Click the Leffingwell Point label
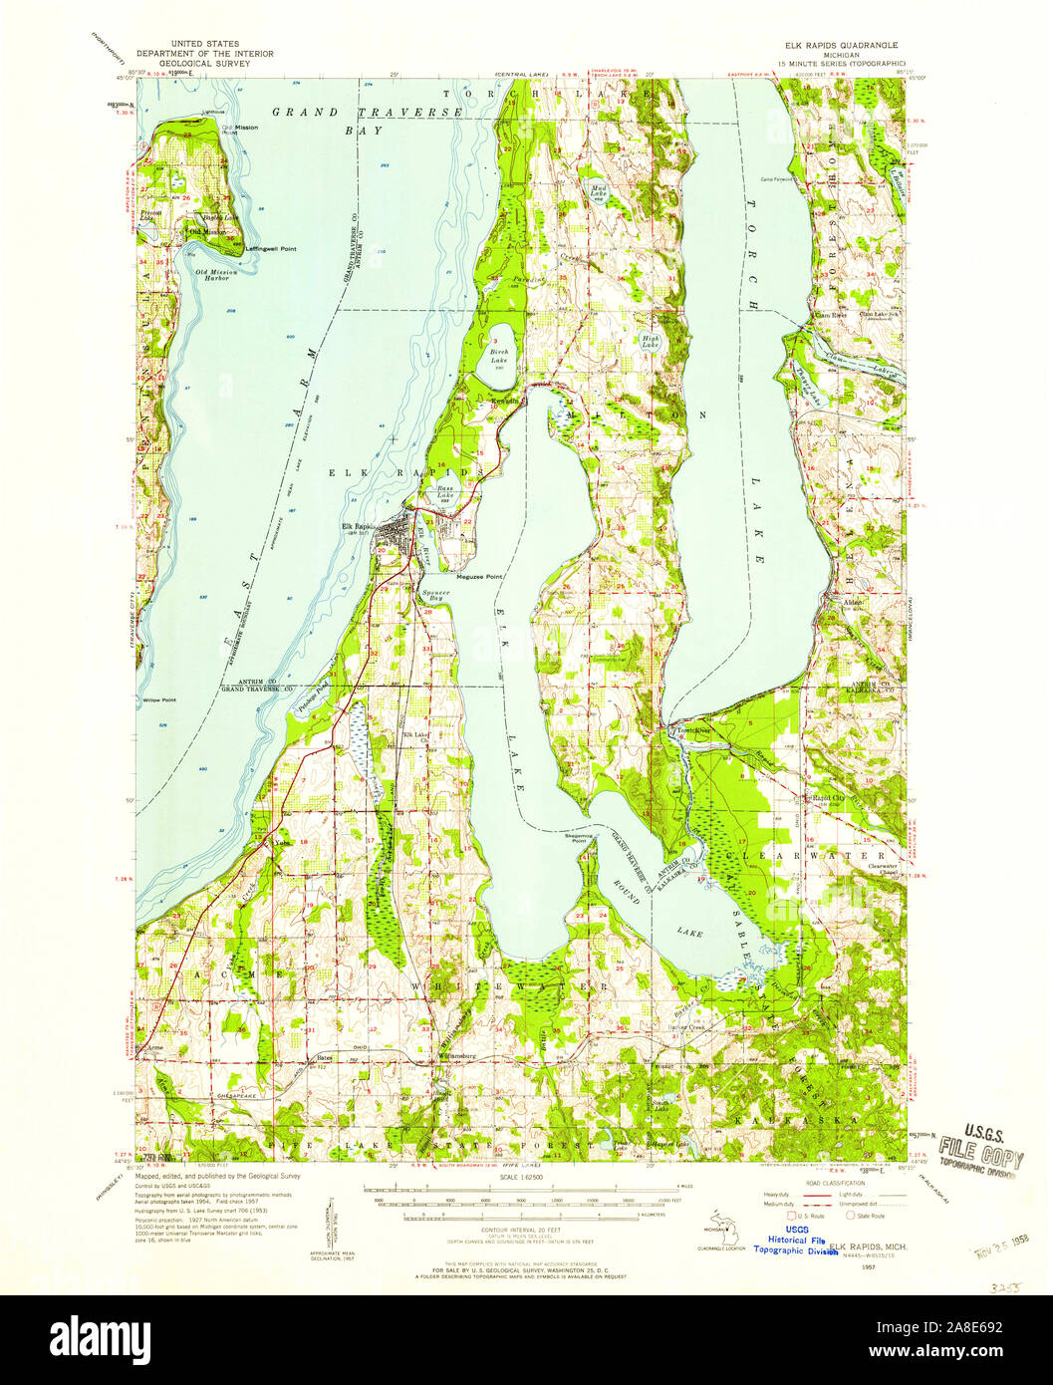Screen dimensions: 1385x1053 click(272, 248)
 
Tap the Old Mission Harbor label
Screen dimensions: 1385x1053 click(213, 275)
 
